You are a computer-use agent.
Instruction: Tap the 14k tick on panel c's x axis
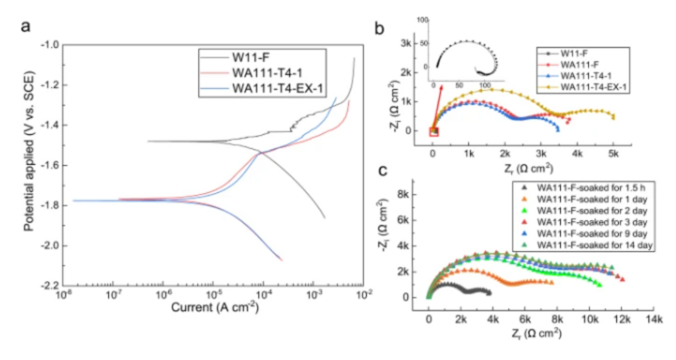point(653,318)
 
